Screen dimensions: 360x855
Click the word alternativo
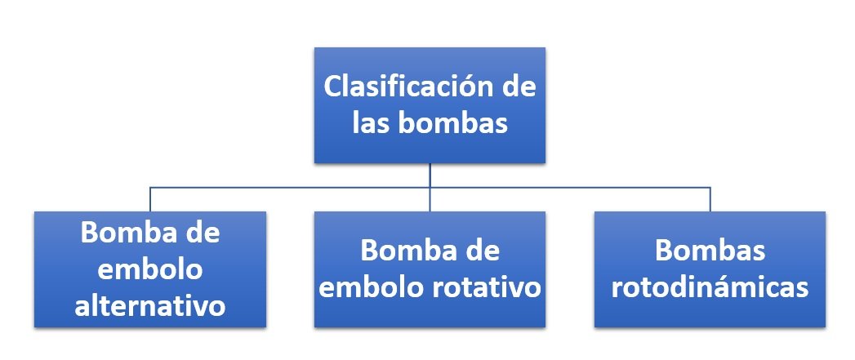150,306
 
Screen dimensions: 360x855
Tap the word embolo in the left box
150,269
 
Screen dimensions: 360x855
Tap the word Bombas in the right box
710,251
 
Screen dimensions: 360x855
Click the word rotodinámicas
710,288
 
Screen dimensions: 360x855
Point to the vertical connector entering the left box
150,199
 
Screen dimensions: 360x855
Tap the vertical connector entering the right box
710,199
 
